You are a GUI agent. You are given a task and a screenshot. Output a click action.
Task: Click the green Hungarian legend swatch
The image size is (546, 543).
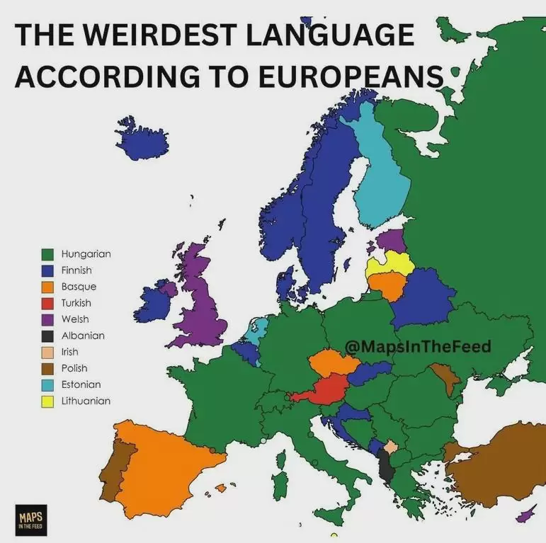(x=48, y=253)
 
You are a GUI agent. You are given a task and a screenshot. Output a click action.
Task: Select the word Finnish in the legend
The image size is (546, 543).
(x=76, y=270)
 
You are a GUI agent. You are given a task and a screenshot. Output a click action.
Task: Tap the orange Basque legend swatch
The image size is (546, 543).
(x=48, y=287)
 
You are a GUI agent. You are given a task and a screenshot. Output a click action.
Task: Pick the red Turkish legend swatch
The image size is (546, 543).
(x=48, y=303)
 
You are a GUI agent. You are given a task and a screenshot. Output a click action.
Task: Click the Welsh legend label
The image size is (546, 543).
(x=75, y=319)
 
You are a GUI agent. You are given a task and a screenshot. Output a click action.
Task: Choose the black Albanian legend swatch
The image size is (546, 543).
(x=48, y=336)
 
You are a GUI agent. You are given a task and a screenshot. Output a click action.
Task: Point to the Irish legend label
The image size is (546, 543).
(x=69, y=352)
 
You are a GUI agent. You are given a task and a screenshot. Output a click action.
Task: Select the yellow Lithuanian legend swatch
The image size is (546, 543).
(x=48, y=401)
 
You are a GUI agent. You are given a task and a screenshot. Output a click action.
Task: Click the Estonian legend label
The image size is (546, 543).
(x=81, y=384)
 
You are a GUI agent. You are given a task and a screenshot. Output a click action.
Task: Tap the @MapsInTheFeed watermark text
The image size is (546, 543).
(x=417, y=346)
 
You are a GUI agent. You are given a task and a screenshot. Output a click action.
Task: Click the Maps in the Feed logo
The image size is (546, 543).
(x=30, y=519)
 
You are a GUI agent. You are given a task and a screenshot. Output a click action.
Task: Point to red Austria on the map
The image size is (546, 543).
(x=323, y=389)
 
